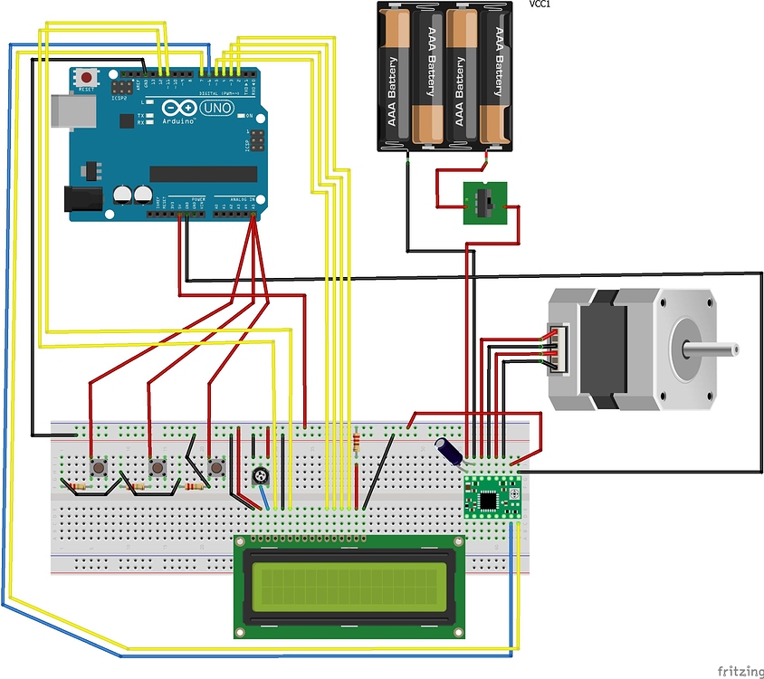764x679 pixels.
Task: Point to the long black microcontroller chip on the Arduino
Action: click(196, 174)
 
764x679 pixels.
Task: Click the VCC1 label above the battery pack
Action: click(541, 5)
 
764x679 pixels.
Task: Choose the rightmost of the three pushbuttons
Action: click(216, 467)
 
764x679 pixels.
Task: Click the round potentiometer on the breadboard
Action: click(262, 476)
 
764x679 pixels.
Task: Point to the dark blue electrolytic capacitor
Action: click(450, 450)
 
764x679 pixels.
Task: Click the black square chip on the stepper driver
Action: click(490, 498)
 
